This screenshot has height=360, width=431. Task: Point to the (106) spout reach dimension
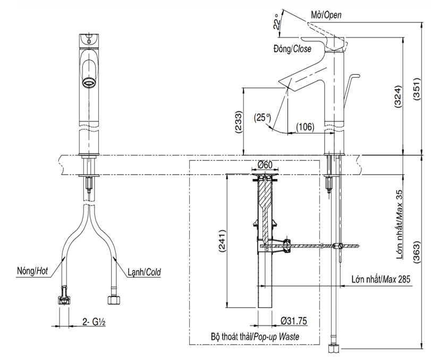(x=305, y=127)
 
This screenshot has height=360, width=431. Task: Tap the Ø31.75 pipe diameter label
(x=292, y=322)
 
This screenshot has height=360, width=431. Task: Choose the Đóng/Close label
(x=292, y=48)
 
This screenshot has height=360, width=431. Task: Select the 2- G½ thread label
(x=95, y=322)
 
